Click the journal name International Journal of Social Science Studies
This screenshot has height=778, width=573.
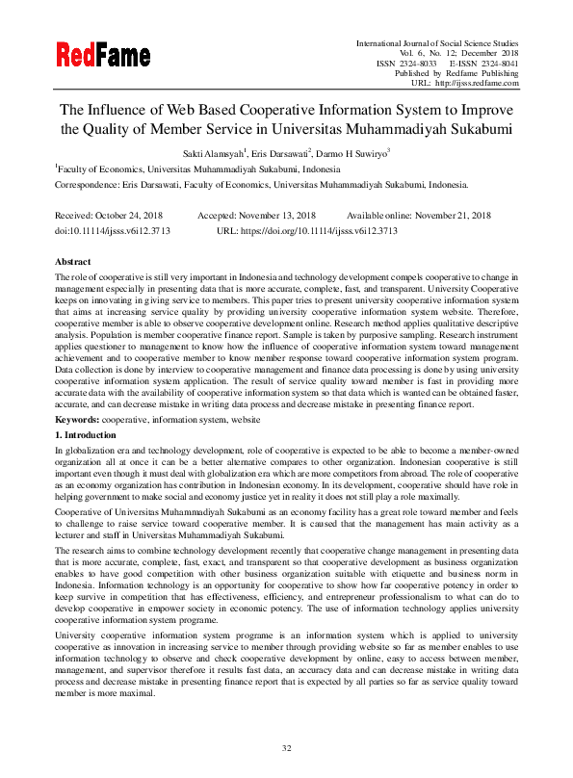(x=437, y=44)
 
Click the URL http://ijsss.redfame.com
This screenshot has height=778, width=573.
(x=478, y=83)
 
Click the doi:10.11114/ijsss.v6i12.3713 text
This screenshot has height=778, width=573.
(x=117, y=231)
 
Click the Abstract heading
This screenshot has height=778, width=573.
(x=73, y=262)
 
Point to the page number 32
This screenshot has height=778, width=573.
(x=286, y=748)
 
